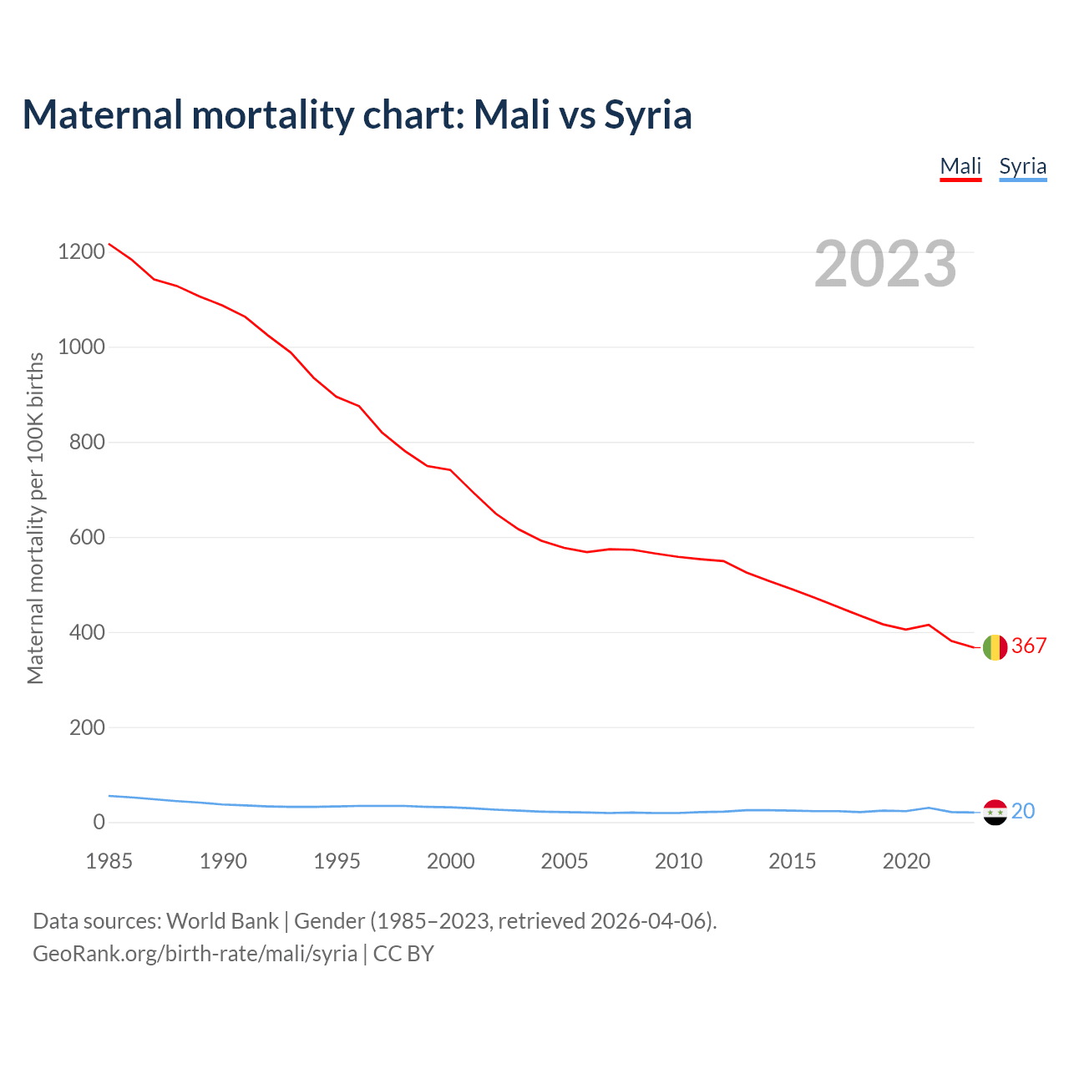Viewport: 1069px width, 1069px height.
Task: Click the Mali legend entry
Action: (960, 166)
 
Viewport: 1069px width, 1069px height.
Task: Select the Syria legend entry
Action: (1022, 166)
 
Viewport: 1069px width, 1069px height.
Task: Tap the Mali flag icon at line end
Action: (995, 647)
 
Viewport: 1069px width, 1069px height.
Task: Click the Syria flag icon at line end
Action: (995, 812)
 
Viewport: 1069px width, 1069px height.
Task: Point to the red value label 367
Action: (1029, 646)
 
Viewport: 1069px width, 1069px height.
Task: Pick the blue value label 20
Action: (1023, 811)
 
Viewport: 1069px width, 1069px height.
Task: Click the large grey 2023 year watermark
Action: (885, 264)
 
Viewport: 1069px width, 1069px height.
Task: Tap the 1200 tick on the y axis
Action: (82, 251)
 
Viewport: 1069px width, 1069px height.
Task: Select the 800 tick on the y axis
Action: (87, 442)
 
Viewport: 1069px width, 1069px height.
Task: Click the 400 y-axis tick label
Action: (87, 632)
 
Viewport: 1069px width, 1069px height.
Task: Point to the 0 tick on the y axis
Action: (99, 823)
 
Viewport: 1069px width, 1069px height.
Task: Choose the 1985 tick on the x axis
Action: (109, 861)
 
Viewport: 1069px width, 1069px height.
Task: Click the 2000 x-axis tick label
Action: (451, 861)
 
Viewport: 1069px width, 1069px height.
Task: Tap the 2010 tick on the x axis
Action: (678, 861)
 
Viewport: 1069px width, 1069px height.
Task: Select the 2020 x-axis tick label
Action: (906, 861)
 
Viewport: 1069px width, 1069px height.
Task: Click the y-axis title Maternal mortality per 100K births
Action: (35, 518)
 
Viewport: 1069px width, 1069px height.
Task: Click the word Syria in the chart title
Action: (647, 114)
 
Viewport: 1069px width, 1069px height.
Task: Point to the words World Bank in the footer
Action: (222, 921)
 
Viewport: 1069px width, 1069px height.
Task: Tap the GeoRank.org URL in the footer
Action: (195, 954)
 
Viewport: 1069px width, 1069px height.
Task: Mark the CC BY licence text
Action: (403, 954)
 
